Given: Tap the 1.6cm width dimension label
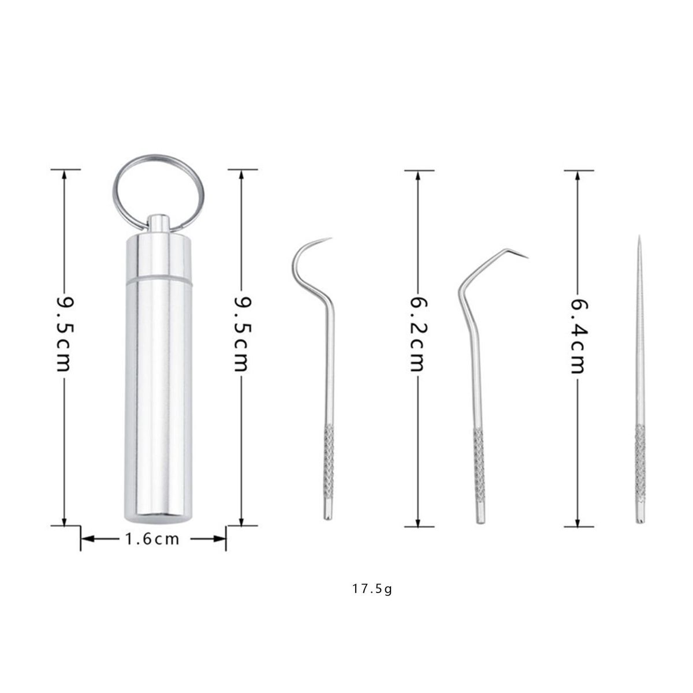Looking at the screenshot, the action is [x=152, y=539].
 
